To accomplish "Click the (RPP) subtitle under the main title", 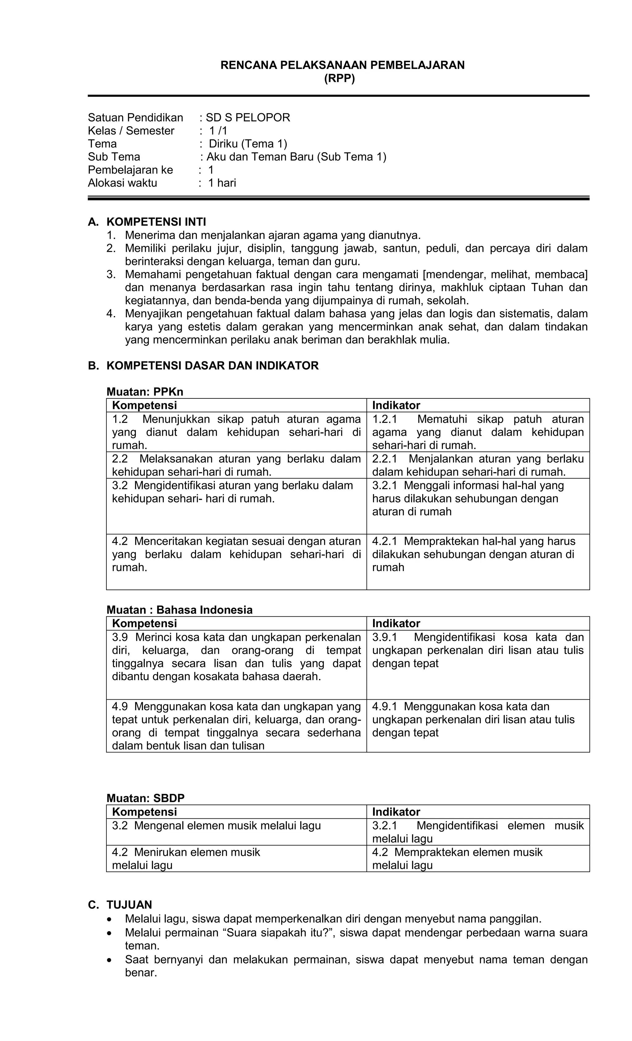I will [x=339, y=79].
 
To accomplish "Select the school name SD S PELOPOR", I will [x=248, y=118].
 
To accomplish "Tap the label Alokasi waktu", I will [x=122, y=183].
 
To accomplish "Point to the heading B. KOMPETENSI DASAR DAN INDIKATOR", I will [x=203, y=365].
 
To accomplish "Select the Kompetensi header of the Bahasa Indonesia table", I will [x=144, y=624].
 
